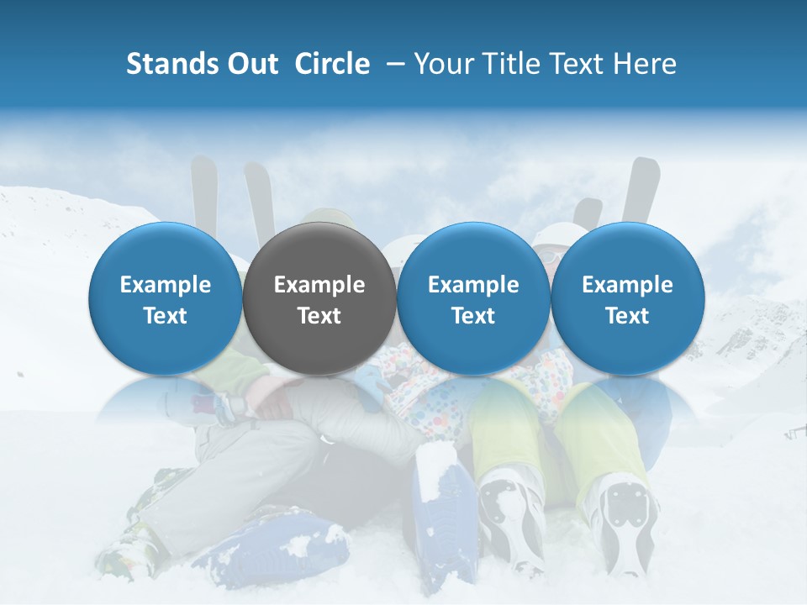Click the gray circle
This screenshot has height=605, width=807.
click(319, 299)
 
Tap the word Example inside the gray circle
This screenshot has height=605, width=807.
click(319, 285)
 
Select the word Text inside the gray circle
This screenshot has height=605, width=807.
click(319, 316)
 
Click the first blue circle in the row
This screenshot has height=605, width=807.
click(165, 299)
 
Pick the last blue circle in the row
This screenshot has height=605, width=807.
click(627, 299)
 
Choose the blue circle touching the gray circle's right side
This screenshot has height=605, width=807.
click(473, 299)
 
